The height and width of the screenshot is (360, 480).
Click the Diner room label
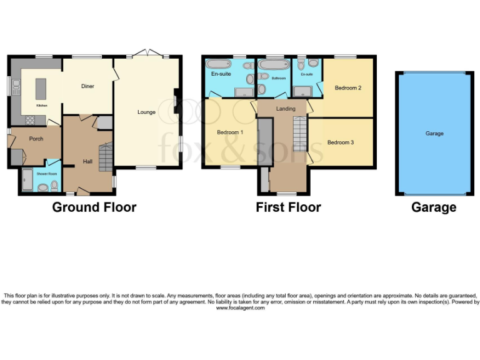(x=87, y=86)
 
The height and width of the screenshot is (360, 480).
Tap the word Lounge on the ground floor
(x=146, y=112)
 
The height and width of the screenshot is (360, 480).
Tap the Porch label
(x=36, y=139)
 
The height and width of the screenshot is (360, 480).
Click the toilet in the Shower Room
(x=54, y=185)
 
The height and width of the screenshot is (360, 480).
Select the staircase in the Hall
(x=106, y=156)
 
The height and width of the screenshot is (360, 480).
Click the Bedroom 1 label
(x=230, y=132)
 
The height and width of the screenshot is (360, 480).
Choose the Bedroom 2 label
(x=347, y=88)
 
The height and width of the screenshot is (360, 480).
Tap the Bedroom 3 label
(x=341, y=142)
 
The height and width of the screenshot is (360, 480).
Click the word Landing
(x=286, y=109)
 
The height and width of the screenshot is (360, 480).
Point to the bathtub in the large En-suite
(x=219, y=64)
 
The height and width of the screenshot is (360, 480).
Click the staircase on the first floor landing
(x=301, y=134)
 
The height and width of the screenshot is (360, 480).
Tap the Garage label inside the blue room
(x=434, y=134)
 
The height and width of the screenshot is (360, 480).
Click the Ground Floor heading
(x=94, y=207)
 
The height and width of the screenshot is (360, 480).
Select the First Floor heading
(x=288, y=207)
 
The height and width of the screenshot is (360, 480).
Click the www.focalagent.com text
(x=240, y=308)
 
